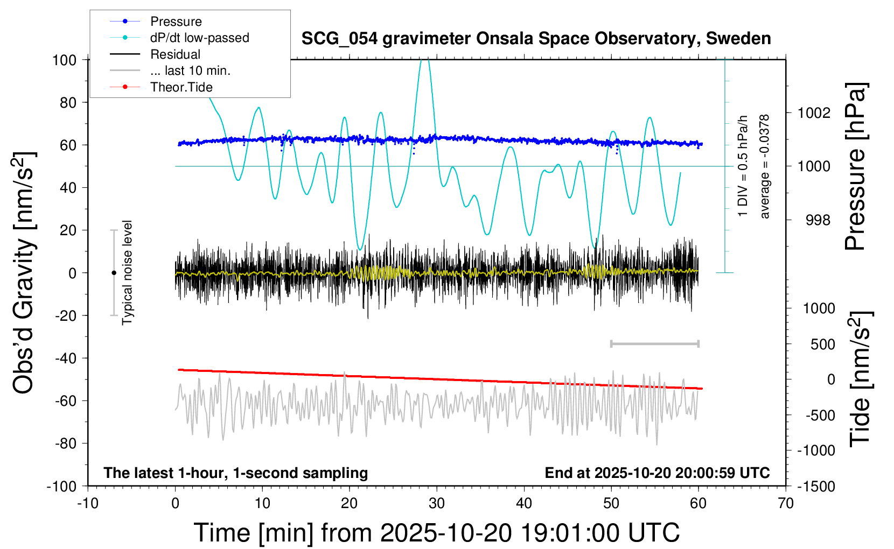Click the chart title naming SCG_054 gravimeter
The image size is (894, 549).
pos(536,39)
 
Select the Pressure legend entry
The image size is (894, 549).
pos(176,22)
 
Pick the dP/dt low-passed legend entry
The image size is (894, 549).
pos(199,38)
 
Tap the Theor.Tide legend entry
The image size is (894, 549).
pos(181,87)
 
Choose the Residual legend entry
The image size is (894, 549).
pos(175,54)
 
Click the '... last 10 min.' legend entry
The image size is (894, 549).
pos(190,71)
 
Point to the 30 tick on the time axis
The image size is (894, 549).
pos(437,504)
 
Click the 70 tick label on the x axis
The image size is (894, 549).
pos(786,504)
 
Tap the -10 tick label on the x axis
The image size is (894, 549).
pos(88,504)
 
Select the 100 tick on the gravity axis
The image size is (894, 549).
pos(65,60)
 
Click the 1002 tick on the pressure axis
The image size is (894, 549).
pos(814,113)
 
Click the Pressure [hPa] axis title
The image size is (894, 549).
pos(855,167)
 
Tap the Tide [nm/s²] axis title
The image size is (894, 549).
pos(860,379)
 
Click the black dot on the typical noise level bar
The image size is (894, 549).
pos(114,273)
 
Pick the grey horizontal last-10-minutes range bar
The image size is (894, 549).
pos(654,344)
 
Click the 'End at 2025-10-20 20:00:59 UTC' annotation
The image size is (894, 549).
pos(657,473)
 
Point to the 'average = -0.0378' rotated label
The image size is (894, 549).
pos(765,167)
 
